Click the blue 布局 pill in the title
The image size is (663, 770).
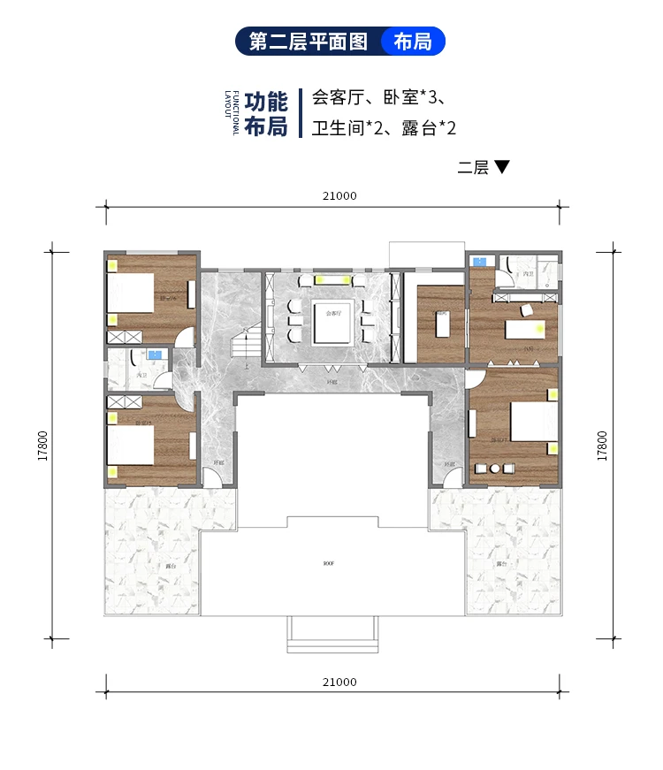tap(413, 42)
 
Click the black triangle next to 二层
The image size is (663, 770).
tap(502, 167)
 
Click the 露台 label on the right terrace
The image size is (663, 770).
tap(500, 563)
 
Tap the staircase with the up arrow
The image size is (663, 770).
tap(246, 345)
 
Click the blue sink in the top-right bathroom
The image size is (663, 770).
tap(478, 262)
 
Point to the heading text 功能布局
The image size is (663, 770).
tap(266, 113)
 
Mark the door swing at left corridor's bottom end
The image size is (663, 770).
tap(213, 476)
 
